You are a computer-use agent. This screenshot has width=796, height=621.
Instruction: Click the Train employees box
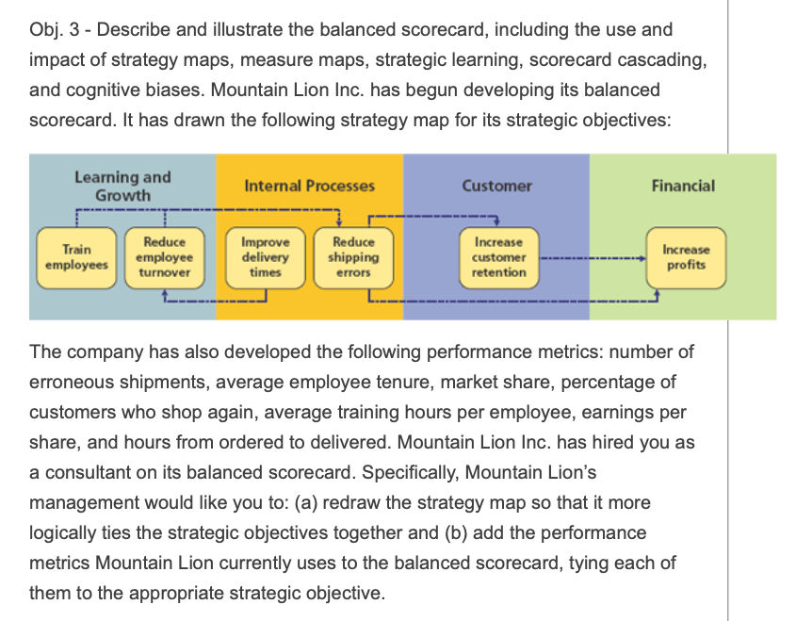point(77,256)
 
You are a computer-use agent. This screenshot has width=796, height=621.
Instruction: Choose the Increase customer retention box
point(498,256)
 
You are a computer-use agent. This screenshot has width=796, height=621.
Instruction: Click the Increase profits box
point(685,256)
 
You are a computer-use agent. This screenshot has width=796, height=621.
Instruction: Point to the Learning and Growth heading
point(122,186)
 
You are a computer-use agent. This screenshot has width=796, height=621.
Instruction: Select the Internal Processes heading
point(309,186)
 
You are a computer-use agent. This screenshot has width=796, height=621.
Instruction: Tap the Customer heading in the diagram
point(496,186)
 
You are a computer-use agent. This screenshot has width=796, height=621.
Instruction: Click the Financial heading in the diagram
point(683,186)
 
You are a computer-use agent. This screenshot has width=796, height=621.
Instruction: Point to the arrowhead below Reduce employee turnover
point(166,293)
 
